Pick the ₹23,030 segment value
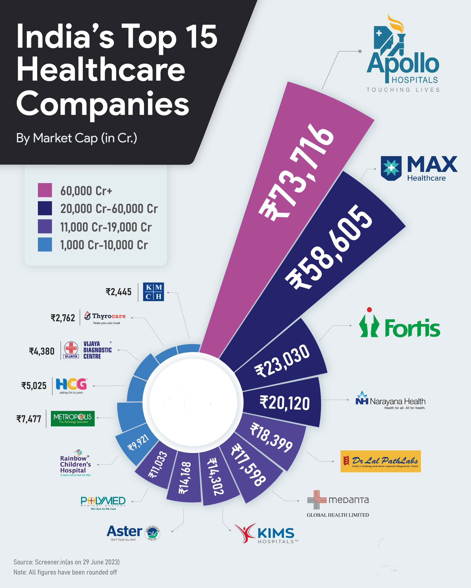(x=282, y=361)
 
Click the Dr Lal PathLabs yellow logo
(x=380, y=461)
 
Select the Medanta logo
(x=338, y=503)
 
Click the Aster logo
(x=133, y=532)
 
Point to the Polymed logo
(x=103, y=503)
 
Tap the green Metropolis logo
(x=73, y=418)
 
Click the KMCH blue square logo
(x=153, y=292)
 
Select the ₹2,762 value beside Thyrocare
(x=63, y=318)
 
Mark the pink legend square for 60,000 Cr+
(x=45, y=190)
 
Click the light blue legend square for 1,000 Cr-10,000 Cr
(x=45, y=245)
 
